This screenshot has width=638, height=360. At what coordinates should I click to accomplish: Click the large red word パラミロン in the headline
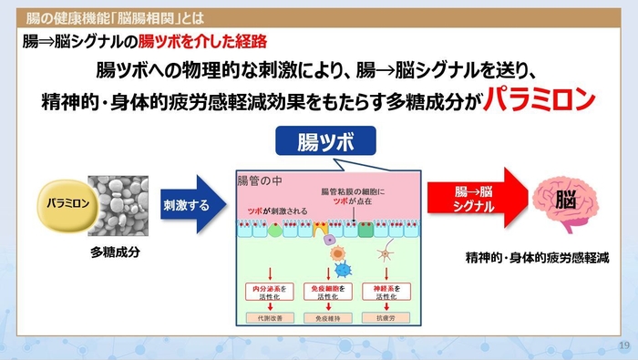pos(539,97)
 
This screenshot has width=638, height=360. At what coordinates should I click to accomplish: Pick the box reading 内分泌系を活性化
pos(271,292)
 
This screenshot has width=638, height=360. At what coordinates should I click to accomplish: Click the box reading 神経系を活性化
pos(386,292)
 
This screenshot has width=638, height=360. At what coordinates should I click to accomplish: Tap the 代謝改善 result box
pos(271,319)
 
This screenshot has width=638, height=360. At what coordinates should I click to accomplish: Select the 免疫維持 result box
pos(327,319)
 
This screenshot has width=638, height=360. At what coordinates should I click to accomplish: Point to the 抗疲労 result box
pos(386,319)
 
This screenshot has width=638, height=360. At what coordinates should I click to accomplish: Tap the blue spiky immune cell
pos(342,270)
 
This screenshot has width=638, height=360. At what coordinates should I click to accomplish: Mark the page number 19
pos(623,345)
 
